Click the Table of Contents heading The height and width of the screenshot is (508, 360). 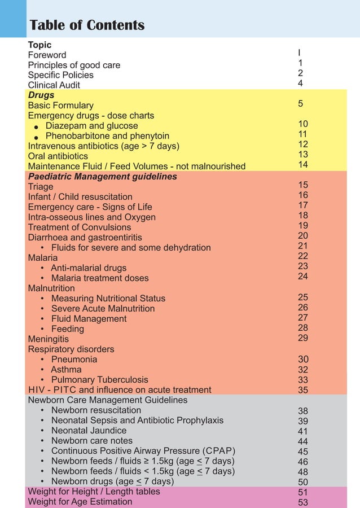tap(87, 25)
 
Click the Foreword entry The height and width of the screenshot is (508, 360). tap(47, 55)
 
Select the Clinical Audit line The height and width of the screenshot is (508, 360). tap(54, 85)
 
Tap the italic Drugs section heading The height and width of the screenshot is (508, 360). tap(41, 95)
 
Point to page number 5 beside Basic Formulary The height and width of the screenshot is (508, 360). tap(301, 104)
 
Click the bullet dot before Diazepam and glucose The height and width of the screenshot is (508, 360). tap(36, 127)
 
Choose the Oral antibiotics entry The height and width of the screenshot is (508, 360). tap(58, 156)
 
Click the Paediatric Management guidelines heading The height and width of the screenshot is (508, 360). tap(102, 177)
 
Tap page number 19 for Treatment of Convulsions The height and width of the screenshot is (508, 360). tap(303, 225)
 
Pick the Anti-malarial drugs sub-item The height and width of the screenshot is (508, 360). tap(89, 268)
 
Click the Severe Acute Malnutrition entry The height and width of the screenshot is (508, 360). tap(103, 308)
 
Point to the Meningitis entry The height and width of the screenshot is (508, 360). tap(48, 339)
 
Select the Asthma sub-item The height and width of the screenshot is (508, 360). tap(66, 370)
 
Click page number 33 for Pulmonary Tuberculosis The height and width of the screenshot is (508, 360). tap(303, 380)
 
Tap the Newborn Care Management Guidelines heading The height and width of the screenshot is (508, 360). tap(107, 400)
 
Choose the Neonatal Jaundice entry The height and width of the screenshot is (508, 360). tap(89, 431)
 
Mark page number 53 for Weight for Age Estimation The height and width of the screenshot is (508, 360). tap(303, 502)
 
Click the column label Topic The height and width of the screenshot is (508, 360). tap(39, 45)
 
